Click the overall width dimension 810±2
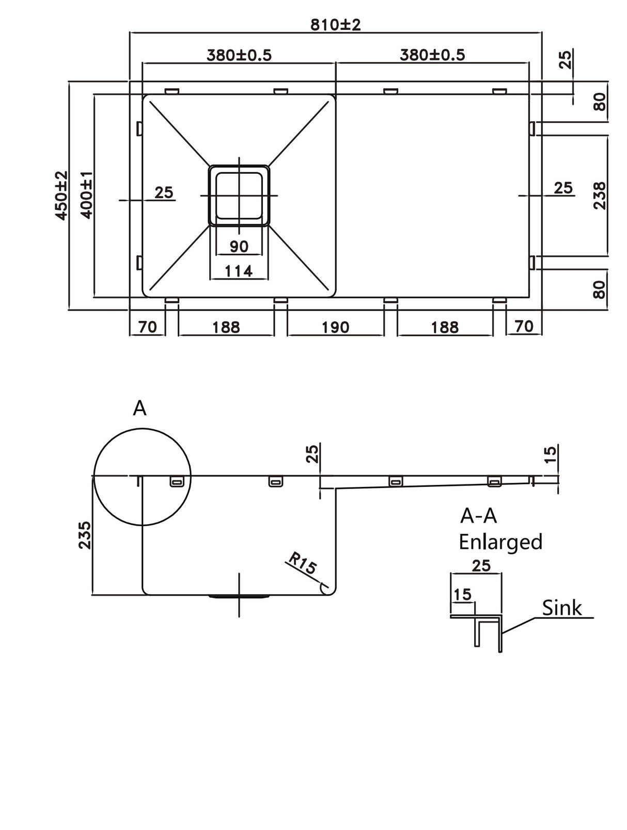(x=335, y=24)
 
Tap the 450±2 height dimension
(x=61, y=196)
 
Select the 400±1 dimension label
(x=86, y=196)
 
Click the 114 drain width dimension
(x=239, y=270)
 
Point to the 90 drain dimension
(x=239, y=247)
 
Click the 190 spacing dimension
(x=336, y=327)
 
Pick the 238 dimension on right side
(x=599, y=196)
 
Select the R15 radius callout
(x=302, y=564)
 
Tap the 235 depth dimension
(x=84, y=535)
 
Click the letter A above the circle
(x=139, y=408)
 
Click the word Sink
(x=561, y=608)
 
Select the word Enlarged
(x=500, y=542)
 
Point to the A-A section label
(x=478, y=515)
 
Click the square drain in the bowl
(x=239, y=196)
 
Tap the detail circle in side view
(x=142, y=477)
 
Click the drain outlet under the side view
(x=239, y=597)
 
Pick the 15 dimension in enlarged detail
(x=462, y=595)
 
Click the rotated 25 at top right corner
(x=566, y=59)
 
